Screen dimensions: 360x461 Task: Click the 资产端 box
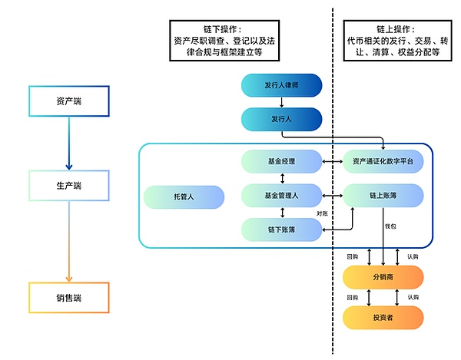(x=68, y=101)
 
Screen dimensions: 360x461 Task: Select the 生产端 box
(x=68, y=185)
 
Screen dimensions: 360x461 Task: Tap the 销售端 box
(x=68, y=297)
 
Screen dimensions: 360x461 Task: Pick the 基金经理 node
(x=281, y=161)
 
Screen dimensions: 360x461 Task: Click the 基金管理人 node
(x=281, y=196)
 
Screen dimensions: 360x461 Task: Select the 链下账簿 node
(x=281, y=230)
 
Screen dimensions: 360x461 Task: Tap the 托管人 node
(x=184, y=197)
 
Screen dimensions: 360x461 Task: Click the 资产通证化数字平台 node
(x=383, y=161)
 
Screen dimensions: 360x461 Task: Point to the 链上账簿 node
(x=383, y=196)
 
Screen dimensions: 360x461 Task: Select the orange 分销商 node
(x=383, y=277)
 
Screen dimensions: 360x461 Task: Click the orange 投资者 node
(x=383, y=316)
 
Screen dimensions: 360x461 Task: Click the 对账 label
(x=323, y=213)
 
